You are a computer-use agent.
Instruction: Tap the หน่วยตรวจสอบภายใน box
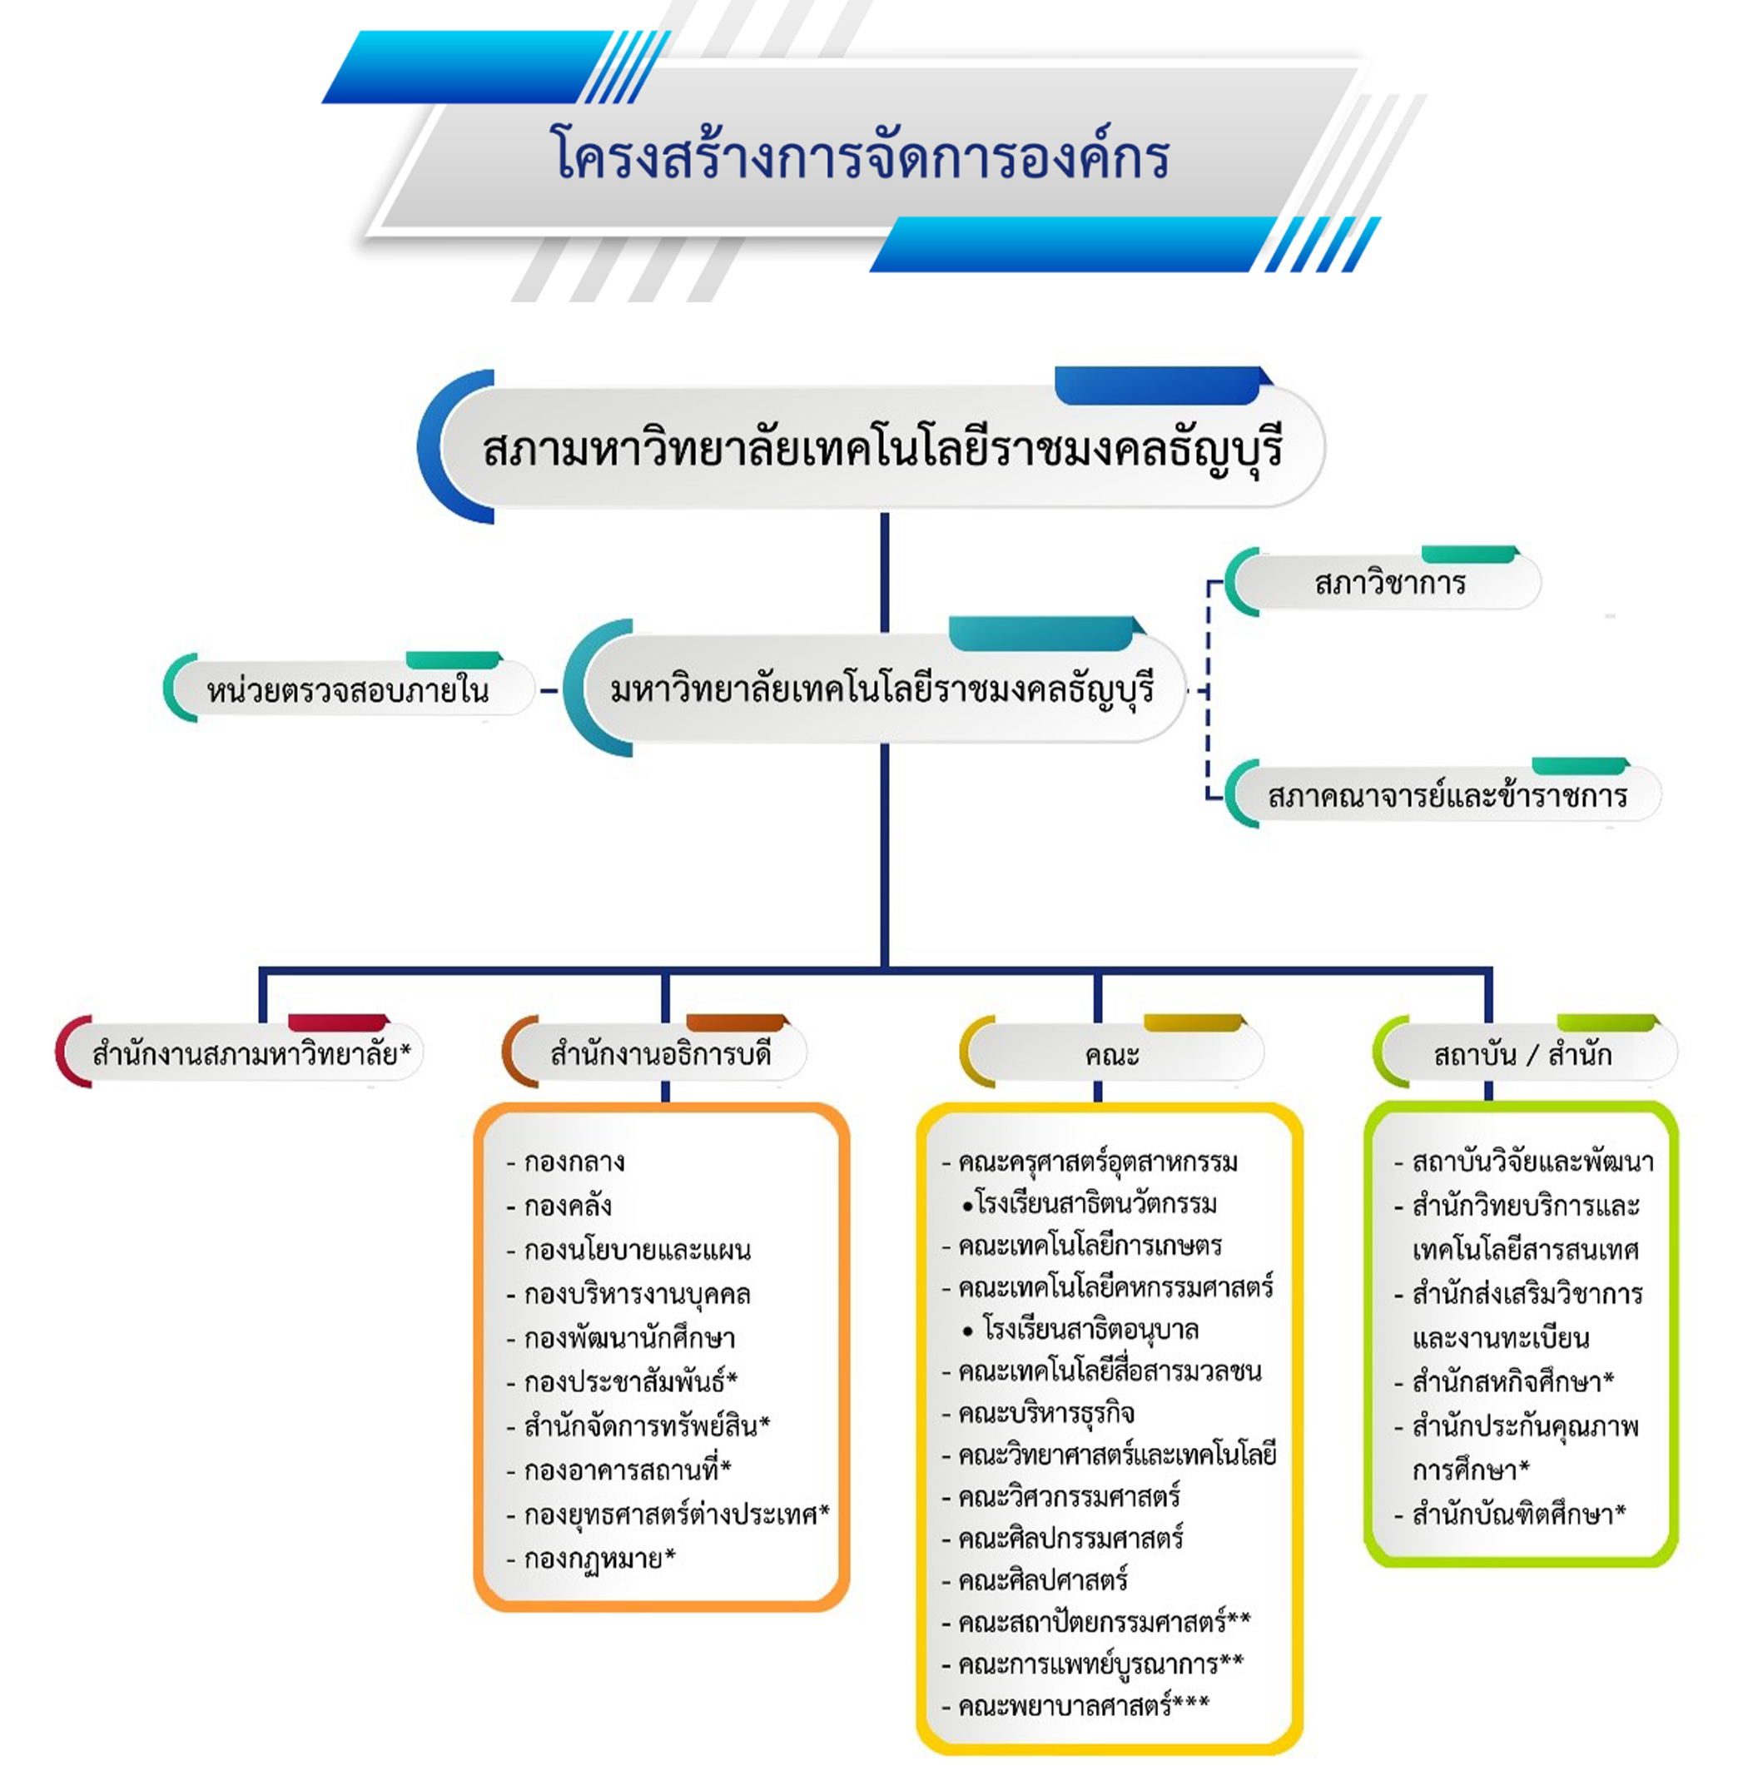click(349, 688)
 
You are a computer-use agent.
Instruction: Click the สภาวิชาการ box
click(1383, 581)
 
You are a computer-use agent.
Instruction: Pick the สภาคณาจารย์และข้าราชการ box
click(1443, 794)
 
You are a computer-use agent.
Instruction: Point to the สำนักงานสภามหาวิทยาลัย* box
click(241, 1052)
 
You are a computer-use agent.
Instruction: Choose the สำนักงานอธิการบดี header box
click(654, 1052)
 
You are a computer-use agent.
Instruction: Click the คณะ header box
click(1112, 1052)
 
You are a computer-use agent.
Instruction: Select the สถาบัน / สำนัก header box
click(1525, 1052)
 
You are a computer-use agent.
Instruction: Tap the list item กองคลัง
click(559, 1205)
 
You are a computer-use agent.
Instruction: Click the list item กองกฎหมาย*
click(590, 1558)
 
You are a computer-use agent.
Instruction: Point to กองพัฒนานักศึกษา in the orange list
click(621, 1338)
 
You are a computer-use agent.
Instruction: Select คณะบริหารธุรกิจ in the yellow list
click(1038, 1412)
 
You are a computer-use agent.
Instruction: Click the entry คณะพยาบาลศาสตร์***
click(1075, 1705)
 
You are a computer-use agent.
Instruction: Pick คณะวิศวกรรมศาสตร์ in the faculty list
click(1061, 1496)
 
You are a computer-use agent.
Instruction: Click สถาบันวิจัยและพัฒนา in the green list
click(1524, 1162)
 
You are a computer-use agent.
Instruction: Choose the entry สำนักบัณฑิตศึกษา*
click(1510, 1515)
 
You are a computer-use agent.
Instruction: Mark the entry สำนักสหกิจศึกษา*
click(1504, 1381)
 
